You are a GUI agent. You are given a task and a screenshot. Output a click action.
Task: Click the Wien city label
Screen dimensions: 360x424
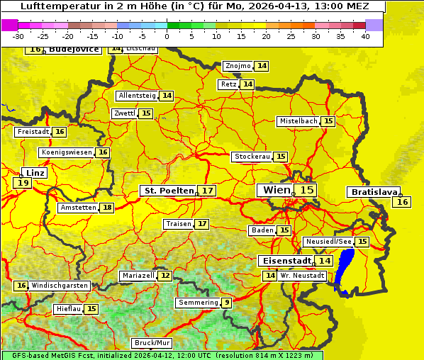pos(276,190)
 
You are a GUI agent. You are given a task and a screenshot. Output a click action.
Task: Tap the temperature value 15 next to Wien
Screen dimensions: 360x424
pos(306,190)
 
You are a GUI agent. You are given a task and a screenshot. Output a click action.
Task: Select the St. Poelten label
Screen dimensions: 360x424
pos(168,191)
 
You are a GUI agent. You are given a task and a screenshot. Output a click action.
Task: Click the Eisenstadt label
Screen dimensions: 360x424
pos(284,261)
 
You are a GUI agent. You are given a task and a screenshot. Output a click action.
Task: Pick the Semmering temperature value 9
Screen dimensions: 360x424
pos(226,303)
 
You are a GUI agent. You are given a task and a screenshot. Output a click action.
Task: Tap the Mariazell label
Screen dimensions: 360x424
pos(138,275)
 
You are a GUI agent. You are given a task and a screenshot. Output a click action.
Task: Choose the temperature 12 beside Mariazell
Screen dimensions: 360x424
pos(165,275)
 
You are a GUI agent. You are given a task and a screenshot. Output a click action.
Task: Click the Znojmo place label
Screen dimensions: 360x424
pos(238,66)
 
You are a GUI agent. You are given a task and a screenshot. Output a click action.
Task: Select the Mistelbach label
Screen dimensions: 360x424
pos(298,121)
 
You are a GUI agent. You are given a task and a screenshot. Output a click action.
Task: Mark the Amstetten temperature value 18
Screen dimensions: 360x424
pos(107,208)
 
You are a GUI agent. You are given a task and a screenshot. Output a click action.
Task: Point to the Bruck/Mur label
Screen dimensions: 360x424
pos(152,343)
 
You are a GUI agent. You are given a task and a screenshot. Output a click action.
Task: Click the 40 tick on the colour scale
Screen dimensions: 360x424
pos(365,35)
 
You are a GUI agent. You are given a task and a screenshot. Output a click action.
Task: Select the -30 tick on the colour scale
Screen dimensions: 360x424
pos(18,35)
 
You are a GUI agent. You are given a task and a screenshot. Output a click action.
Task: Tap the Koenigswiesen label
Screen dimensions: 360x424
pos(67,152)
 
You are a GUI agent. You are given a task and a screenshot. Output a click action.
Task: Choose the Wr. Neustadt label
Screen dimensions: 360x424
pos(303,275)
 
